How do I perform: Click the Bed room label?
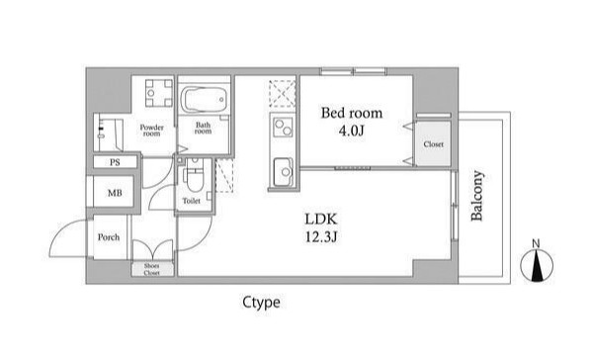(351, 113)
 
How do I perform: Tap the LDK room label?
(321, 220)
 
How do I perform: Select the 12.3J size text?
(321, 237)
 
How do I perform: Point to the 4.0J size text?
(351, 131)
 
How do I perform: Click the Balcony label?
(476, 196)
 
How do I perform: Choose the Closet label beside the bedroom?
(433, 144)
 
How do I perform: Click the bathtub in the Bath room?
(204, 100)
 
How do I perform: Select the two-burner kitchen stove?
(283, 127)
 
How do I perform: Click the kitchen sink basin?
(283, 172)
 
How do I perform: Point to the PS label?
(115, 162)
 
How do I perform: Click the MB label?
(115, 193)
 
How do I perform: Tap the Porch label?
(109, 237)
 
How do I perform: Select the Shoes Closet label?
(151, 269)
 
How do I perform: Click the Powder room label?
(151, 131)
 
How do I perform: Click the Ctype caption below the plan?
(261, 303)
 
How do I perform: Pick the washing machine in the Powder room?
(159, 93)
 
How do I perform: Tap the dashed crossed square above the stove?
(283, 94)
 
